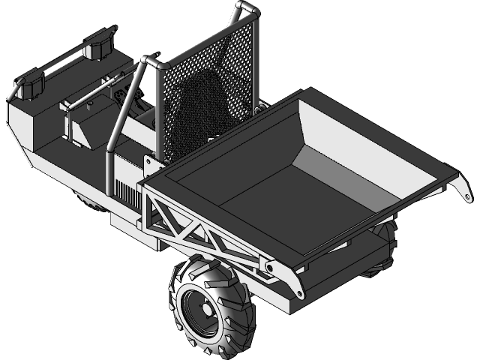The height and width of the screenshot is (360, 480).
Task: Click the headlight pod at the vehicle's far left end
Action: coord(31,85)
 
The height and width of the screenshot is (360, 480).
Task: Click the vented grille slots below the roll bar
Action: coord(128,195)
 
